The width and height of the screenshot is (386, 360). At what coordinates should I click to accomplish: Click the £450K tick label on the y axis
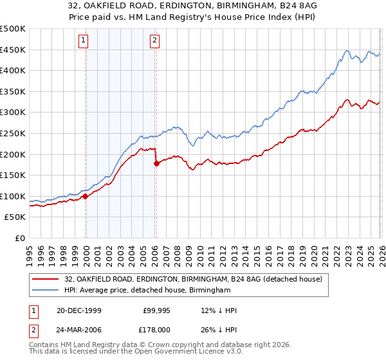click(x=13, y=50)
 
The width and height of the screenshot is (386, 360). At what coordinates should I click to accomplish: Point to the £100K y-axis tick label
click(x=13, y=196)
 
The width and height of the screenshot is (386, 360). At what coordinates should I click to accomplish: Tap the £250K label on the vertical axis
click(x=13, y=133)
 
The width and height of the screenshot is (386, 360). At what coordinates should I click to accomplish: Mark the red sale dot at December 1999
click(x=86, y=196)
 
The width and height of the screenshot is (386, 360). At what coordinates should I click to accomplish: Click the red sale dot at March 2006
click(x=156, y=163)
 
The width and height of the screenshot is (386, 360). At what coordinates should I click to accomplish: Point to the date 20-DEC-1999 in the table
click(x=78, y=310)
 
